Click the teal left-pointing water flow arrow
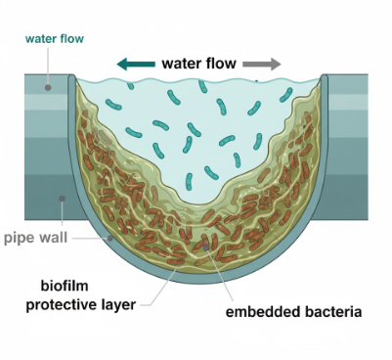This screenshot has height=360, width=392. [136, 65]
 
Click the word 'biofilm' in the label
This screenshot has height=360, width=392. [67, 286]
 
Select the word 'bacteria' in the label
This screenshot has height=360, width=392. [330, 313]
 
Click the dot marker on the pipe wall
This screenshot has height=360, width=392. [62, 199]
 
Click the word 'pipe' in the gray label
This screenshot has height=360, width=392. [22, 238]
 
